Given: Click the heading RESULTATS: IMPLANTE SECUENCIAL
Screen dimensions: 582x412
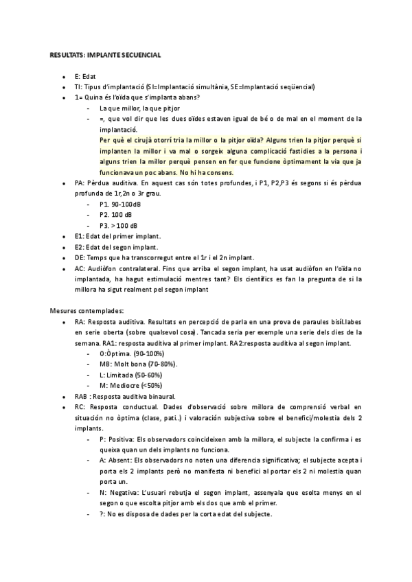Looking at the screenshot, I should coord(105,54).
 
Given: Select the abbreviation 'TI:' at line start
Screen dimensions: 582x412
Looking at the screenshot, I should coord(79,87).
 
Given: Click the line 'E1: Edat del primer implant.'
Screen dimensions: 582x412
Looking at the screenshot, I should coord(117,236).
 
